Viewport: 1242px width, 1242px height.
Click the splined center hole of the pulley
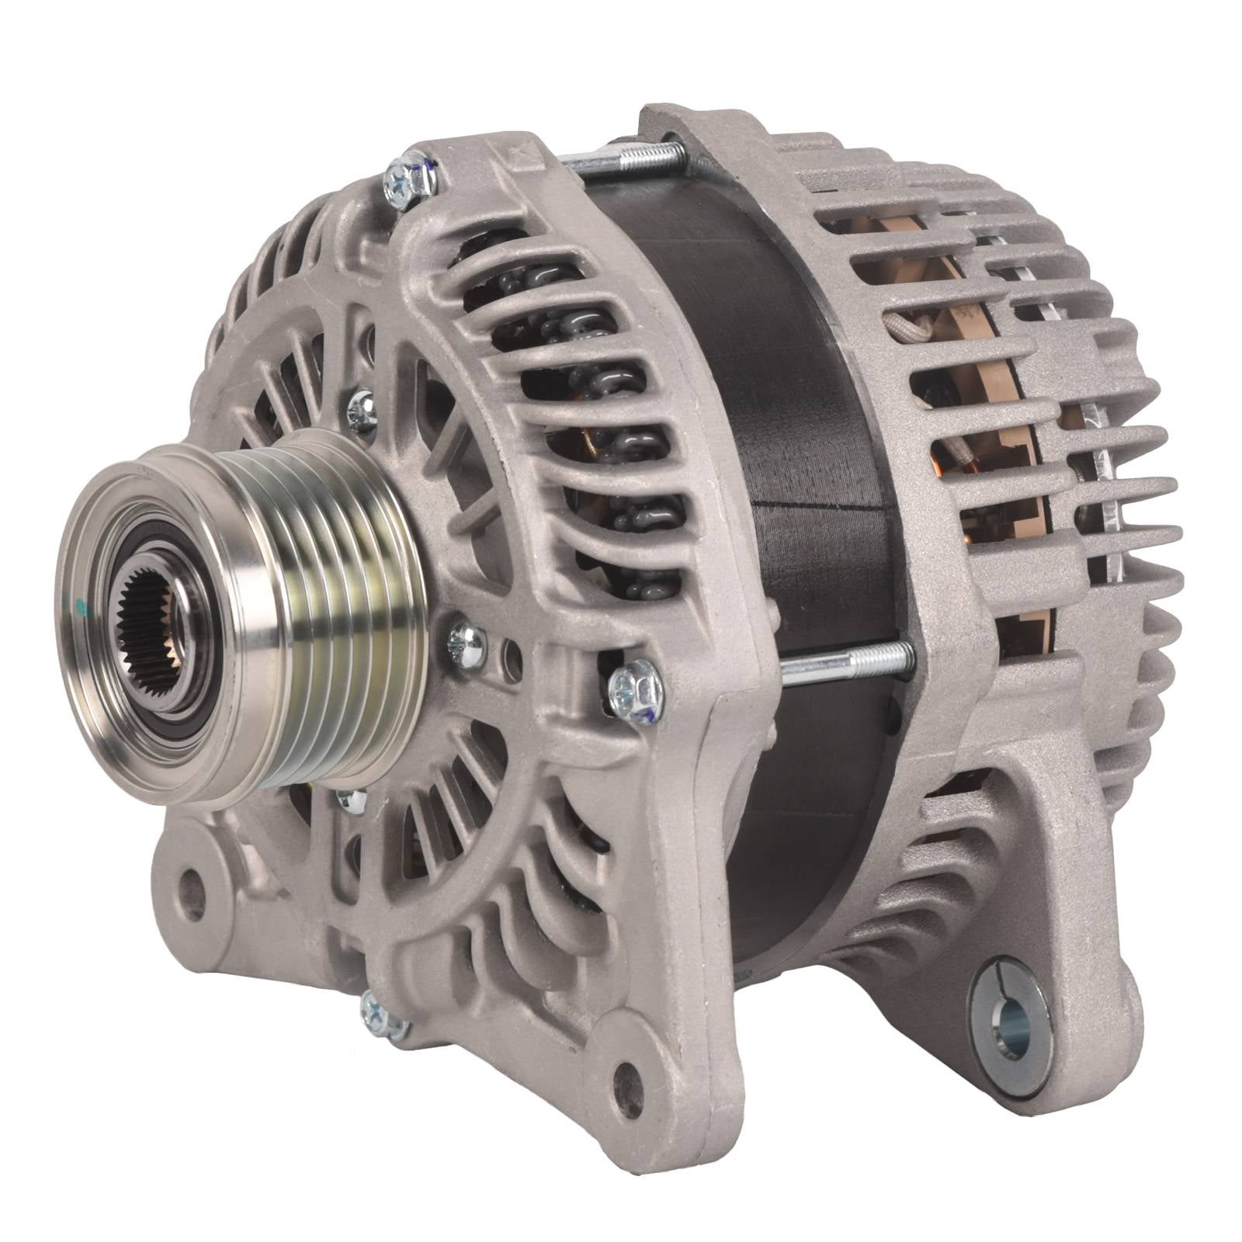coord(152,624)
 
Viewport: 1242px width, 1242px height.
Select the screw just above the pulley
coord(361,411)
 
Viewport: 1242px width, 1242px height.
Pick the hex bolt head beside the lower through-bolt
coord(636,689)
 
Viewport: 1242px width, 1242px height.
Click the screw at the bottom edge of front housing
coord(383,1015)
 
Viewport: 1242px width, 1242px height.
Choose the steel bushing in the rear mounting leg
coord(1008,1025)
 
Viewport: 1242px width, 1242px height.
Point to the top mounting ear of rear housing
coord(683,124)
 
